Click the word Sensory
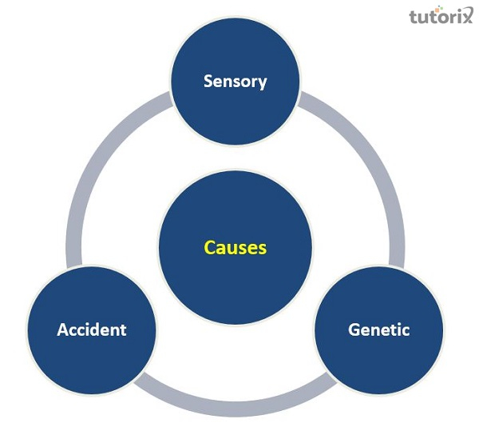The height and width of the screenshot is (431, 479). pos(235,81)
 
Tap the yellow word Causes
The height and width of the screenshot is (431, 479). pos(235,248)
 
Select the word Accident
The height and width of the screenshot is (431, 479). pos(92,329)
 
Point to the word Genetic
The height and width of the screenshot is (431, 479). pos(379,329)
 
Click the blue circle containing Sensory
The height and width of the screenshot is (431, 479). pos(235,112)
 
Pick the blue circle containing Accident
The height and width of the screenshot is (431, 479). pos(92,360)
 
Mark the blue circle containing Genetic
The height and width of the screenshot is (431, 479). pos(379,360)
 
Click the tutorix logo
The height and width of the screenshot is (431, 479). pos(438,16)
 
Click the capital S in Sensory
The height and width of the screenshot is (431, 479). pos(208,81)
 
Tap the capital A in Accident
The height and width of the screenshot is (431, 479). pos(62,329)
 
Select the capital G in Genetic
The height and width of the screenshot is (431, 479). pos(354,329)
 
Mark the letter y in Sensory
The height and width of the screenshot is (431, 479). pos(263,83)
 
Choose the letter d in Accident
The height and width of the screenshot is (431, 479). pos(101,329)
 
